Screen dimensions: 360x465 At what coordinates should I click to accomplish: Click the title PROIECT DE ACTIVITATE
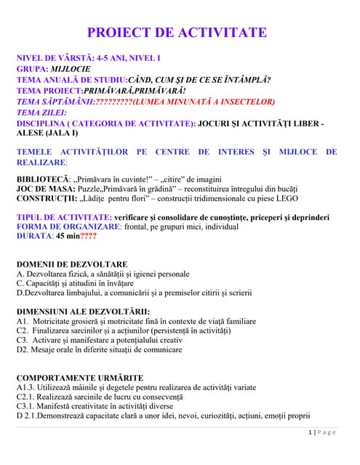177,33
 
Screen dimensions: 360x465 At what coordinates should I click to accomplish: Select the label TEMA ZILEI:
41,113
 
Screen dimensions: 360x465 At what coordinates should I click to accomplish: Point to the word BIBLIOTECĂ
43,178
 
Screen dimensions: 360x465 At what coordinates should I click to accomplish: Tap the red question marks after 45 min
88,236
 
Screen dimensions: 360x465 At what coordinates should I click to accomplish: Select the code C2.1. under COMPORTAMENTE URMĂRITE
27,397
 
